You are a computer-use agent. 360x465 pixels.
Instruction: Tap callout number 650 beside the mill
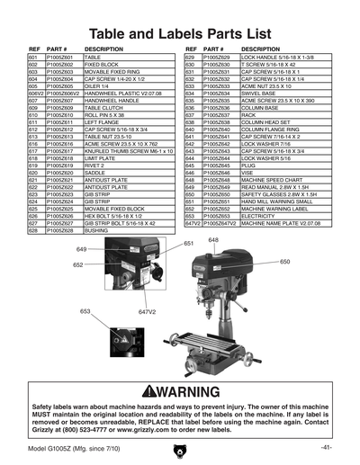pyautogui.click(x=284, y=262)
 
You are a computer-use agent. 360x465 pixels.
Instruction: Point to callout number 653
pyautogui.click(x=85, y=310)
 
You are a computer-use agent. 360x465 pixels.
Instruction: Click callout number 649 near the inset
pyautogui.click(x=81, y=249)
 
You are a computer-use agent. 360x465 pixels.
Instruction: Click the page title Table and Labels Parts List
pyautogui.click(x=179, y=34)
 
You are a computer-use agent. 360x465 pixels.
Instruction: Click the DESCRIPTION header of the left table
pyautogui.click(x=103, y=49)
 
